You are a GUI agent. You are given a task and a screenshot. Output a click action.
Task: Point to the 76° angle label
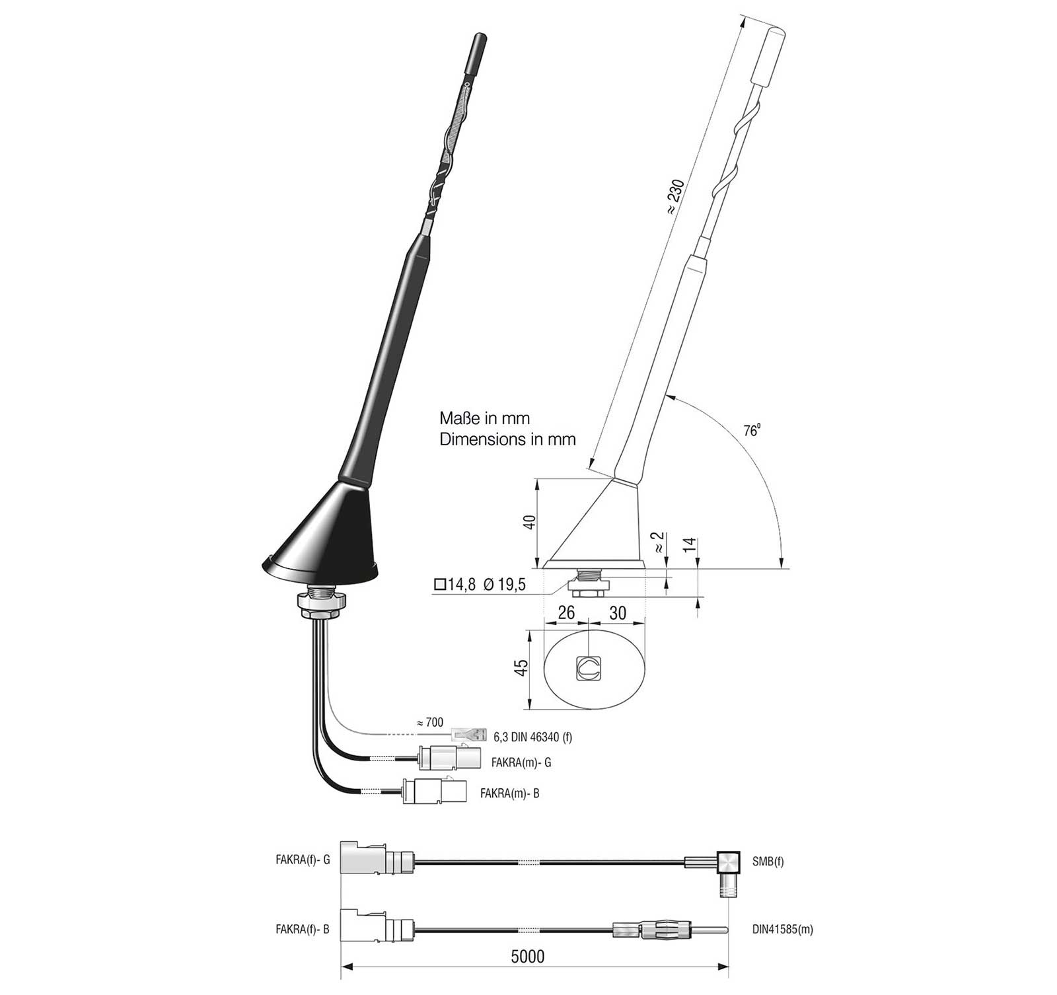pos(752,431)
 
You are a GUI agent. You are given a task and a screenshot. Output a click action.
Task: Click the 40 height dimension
pos(529,522)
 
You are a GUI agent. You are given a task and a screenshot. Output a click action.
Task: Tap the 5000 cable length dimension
pos(528,957)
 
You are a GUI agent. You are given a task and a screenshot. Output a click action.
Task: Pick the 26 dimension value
pos(566,612)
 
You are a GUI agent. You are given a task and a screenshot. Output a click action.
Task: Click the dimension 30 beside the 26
pos(617,613)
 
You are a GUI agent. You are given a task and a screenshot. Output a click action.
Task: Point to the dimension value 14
pos(690,546)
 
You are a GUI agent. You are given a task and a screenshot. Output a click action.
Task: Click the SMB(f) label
pos(768,862)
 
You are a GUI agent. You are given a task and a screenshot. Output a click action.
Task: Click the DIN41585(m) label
pos(782,929)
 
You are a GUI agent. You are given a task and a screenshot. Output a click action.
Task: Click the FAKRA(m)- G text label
pos(521,762)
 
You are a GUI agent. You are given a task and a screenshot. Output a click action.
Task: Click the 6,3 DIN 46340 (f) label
pos(532,737)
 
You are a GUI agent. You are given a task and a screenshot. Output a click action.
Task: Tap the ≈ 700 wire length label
pos(430,723)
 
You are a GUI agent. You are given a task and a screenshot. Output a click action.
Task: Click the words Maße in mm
pos(485,418)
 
